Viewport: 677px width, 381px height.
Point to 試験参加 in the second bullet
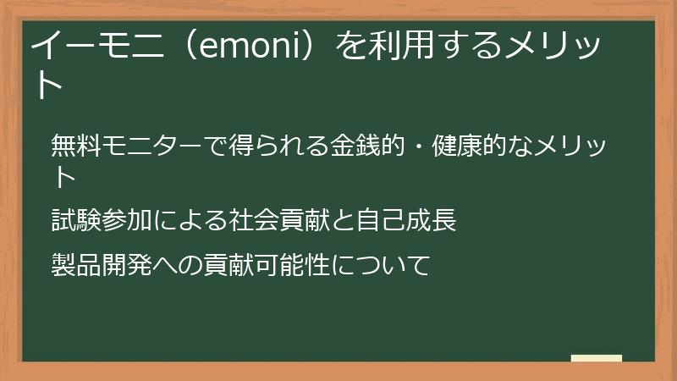pyautogui.click(x=101, y=221)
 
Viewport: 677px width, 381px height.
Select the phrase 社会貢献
pyautogui.click(x=278, y=221)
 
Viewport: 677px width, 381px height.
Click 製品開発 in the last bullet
pyautogui.click(x=101, y=265)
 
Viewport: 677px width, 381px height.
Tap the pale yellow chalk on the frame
pyautogui.click(x=596, y=358)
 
